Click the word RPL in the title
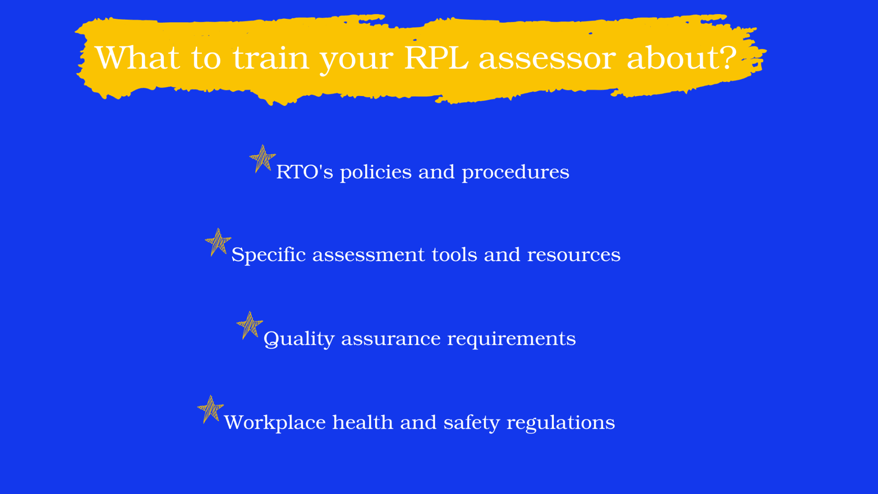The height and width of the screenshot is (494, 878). tap(436, 57)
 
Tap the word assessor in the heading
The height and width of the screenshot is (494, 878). tap(547, 59)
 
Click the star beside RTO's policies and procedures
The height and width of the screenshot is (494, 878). tap(262, 159)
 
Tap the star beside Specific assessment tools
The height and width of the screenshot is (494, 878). tap(218, 242)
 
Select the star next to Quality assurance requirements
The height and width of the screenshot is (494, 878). tap(250, 325)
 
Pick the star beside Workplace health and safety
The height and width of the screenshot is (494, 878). tap(210, 409)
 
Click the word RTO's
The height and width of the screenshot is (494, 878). tap(304, 172)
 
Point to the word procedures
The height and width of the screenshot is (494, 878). tap(515, 173)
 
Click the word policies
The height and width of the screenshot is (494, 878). tap(376, 173)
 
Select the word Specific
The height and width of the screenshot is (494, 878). tap(268, 256)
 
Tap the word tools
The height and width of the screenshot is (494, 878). tap(454, 255)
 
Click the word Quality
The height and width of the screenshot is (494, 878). tap(299, 339)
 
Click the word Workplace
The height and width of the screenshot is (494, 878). tap(275, 423)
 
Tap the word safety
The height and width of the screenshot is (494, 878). tap(472, 423)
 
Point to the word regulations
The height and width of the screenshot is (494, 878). tap(561, 423)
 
